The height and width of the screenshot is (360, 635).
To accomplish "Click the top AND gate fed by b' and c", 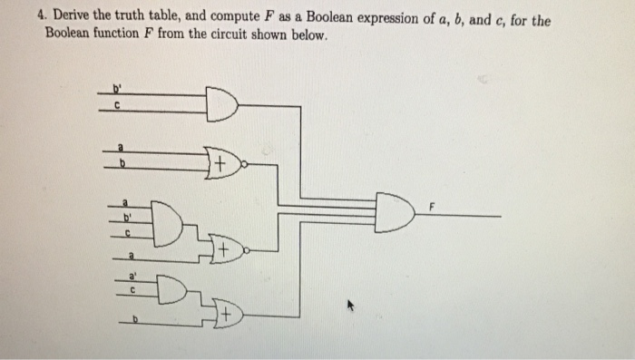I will tap(221, 103).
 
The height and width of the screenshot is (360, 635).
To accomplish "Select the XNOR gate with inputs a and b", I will tap(226, 164).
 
